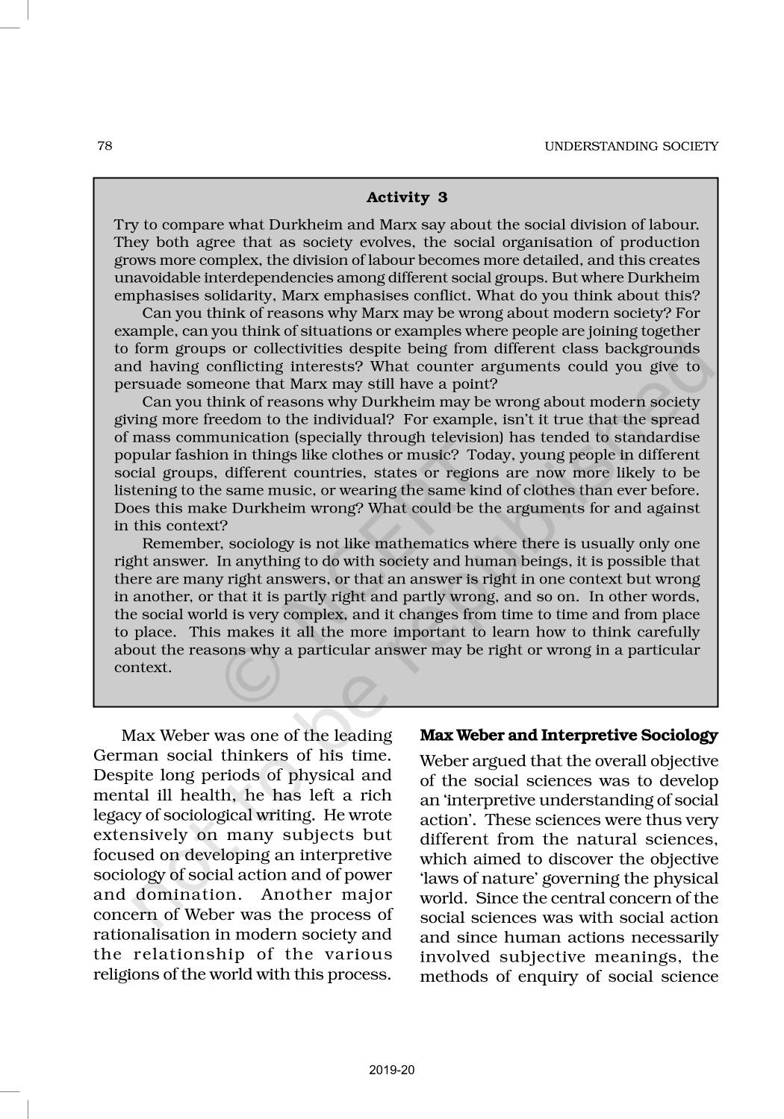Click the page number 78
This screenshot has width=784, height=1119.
105,145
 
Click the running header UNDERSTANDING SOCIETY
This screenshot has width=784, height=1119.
631,146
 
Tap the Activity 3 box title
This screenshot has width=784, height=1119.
406,198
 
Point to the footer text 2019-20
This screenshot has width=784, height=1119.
391,1071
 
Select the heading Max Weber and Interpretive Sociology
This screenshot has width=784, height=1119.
569,736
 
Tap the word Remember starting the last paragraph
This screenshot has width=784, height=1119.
178,544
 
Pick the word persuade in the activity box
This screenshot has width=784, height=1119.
143,385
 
